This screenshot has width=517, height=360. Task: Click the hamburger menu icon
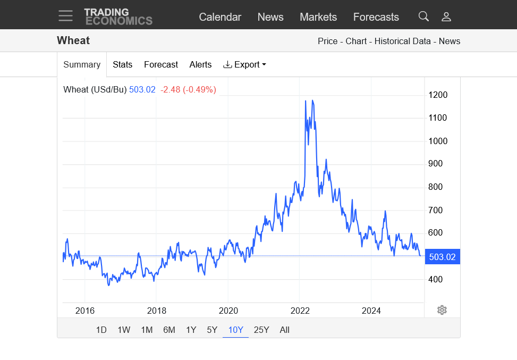pyautogui.click(x=66, y=16)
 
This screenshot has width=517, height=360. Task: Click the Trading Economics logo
pyautogui.click(x=118, y=16)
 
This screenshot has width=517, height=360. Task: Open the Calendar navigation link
pyautogui.click(x=220, y=17)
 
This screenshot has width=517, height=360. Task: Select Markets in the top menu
pyautogui.click(x=318, y=17)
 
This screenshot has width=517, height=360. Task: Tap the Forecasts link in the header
pyautogui.click(x=376, y=17)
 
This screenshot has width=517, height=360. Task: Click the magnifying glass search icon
pyautogui.click(x=423, y=16)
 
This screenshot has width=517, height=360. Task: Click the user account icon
pyautogui.click(x=446, y=16)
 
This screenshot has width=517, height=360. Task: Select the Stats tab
pyautogui.click(x=122, y=64)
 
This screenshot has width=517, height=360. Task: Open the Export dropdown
pyautogui.click(x=244, y=64)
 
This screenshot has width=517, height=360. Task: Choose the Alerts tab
pyautogui.click(x=200, y=64)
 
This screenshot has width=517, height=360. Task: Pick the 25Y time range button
pyautogui.click(x=261, y=330)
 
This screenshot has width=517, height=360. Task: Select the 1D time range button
pyautogui.click(x=101, y=330)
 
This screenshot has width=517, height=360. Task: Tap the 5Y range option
pyautogui.click(x=212, y=330)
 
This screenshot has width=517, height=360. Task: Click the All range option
pyautogui.click(x=284, y=330)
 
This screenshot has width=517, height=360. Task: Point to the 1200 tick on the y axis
pyautogui.click(x=438, y=95)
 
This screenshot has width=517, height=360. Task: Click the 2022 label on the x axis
pyautogui.click(x=300, y=311)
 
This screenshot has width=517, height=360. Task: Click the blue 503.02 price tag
pyautogui.click(x=442, y=257)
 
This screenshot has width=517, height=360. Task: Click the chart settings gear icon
pyautogui.click(x=442, y=310)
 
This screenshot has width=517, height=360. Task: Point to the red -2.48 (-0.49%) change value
pyautogui.click(x=189, y=89)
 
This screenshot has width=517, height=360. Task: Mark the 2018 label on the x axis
pyautogui.click(x=157, y=311)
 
